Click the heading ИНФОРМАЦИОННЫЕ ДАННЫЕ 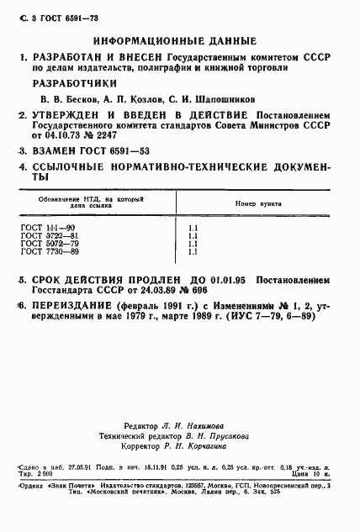pos(180,40)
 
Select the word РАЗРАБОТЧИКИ pos(71,83)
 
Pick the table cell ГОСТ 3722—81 pos(49,236)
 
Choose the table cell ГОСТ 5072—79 pos(49,244)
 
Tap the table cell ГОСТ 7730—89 pos(49,251)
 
